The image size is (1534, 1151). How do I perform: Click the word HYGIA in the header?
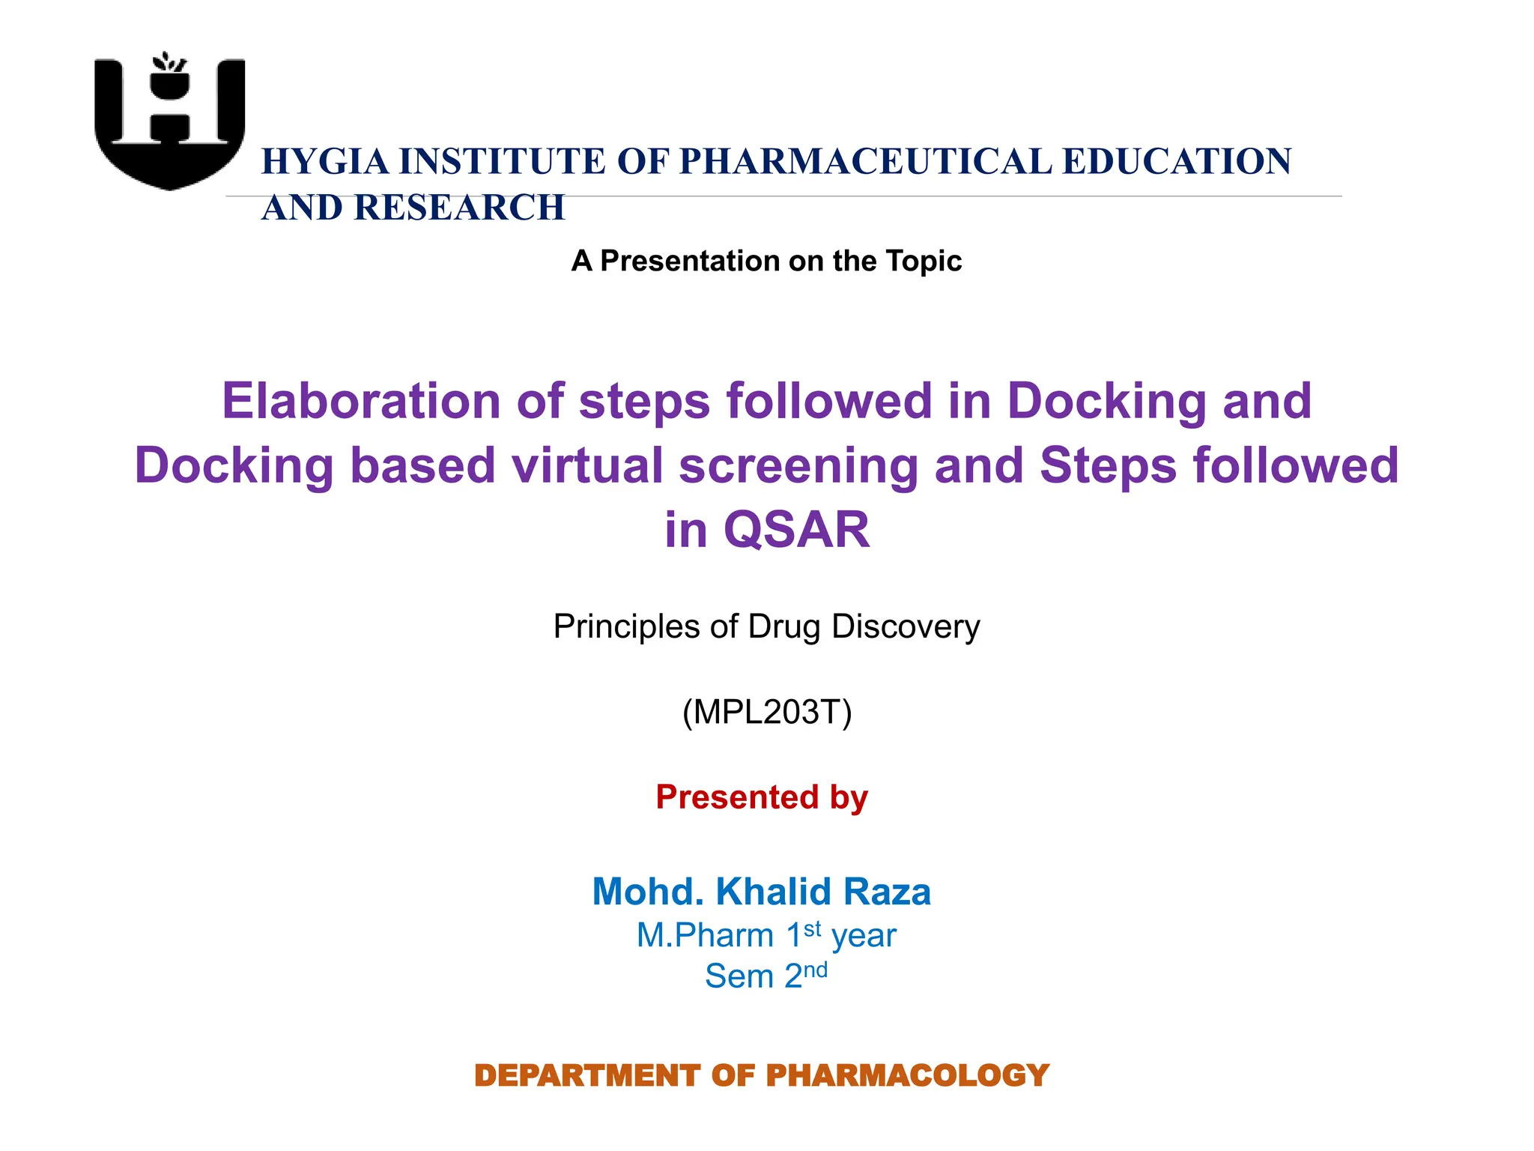click(325, 162)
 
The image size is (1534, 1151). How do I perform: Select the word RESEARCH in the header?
click(459, 208)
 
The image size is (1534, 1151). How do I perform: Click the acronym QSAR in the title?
click(796, 529)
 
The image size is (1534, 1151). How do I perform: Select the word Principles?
click(627, 626)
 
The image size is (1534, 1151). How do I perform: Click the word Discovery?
click(906, 626)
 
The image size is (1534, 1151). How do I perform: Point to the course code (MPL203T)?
click(767, 711)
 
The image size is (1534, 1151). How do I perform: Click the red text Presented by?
click(762, 797)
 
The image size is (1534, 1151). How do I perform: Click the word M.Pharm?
click(705, 935)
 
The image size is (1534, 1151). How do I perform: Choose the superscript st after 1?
click(813, 928)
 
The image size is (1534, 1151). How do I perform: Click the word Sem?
click(739, 976)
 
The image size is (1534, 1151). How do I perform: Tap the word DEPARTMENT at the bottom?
click(587, 1075)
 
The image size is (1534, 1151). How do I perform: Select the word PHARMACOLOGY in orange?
click(907, 1075)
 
